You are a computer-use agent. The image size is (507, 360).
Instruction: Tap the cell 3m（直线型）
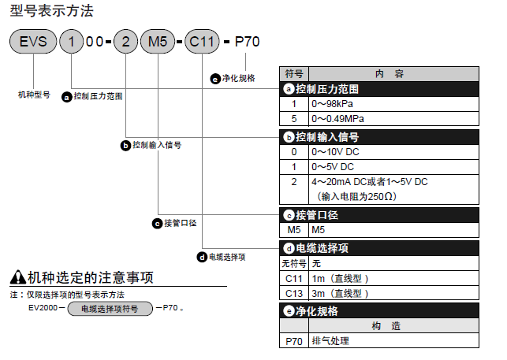[340, 293]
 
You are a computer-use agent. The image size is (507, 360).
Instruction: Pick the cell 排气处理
[330, 341]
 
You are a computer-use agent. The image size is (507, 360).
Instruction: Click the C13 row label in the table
[294, 293]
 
